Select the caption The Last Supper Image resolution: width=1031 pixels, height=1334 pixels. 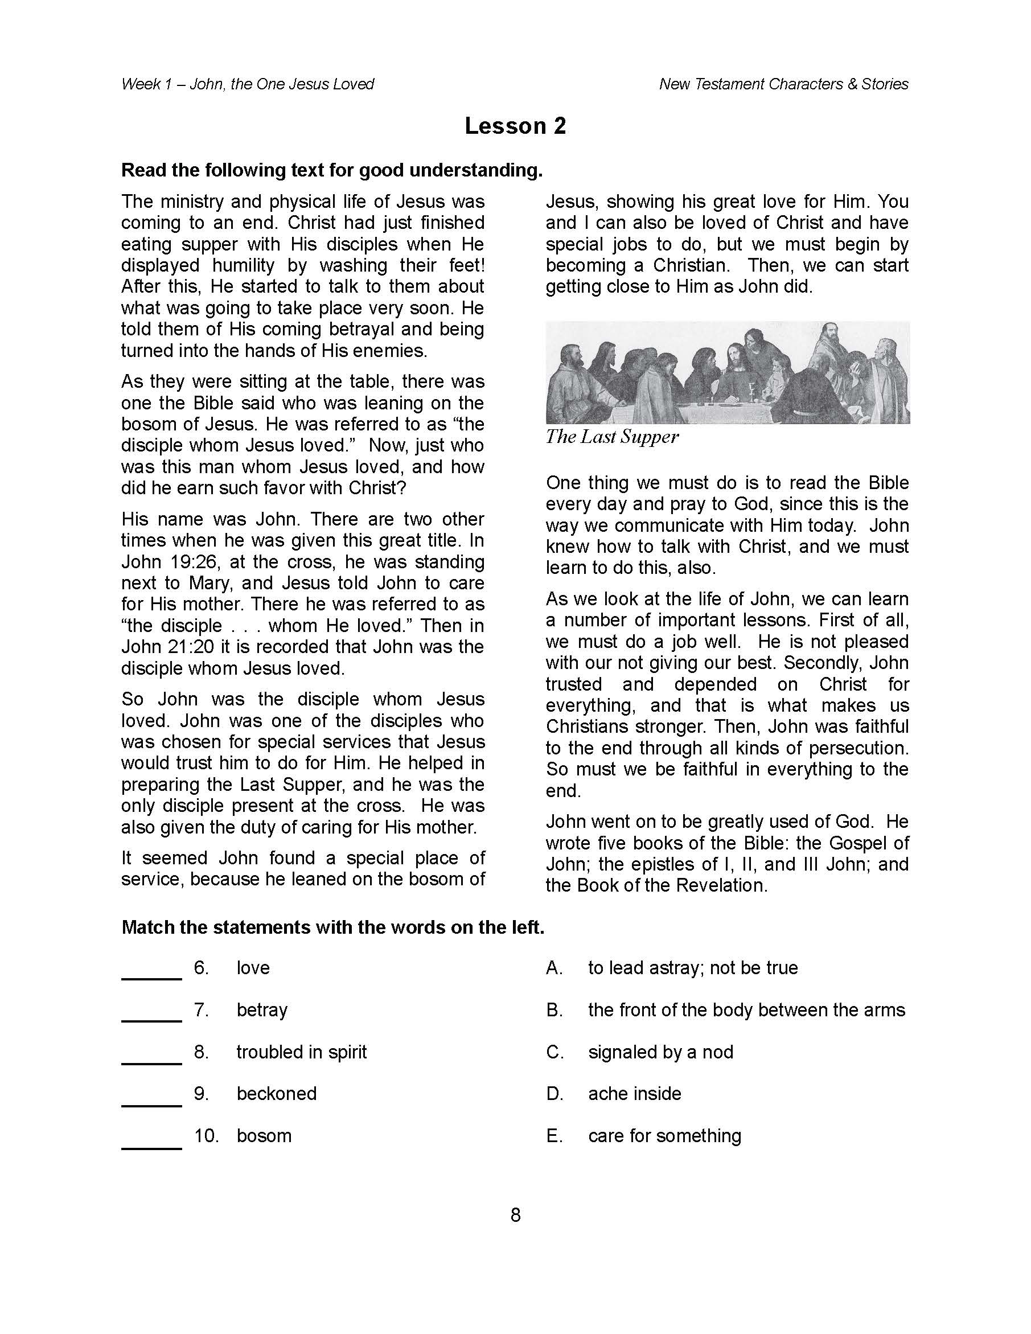pyautogui.click(x=612, y=437)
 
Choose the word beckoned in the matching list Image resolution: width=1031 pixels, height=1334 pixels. pyautogui.click(x=277, y=1093)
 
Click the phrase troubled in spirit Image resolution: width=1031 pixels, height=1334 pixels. pyautogui.click(x=302, y=1052)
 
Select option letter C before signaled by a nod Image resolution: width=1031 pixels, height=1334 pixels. pyautogui.click(x=554, y=1052)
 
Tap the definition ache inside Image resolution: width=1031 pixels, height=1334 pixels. pyautogui.click(x=635, y=1093)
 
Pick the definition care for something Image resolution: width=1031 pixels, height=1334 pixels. pyautogui.click(x=664, y=1135)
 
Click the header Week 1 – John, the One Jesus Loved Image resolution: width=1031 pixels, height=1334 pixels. pyautogui.click(x=248, y=84)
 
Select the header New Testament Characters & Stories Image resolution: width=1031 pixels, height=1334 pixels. pyautogui.click(x=783, y=84)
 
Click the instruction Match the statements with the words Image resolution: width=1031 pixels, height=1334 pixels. pyautogui.click(x=332, y=927)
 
